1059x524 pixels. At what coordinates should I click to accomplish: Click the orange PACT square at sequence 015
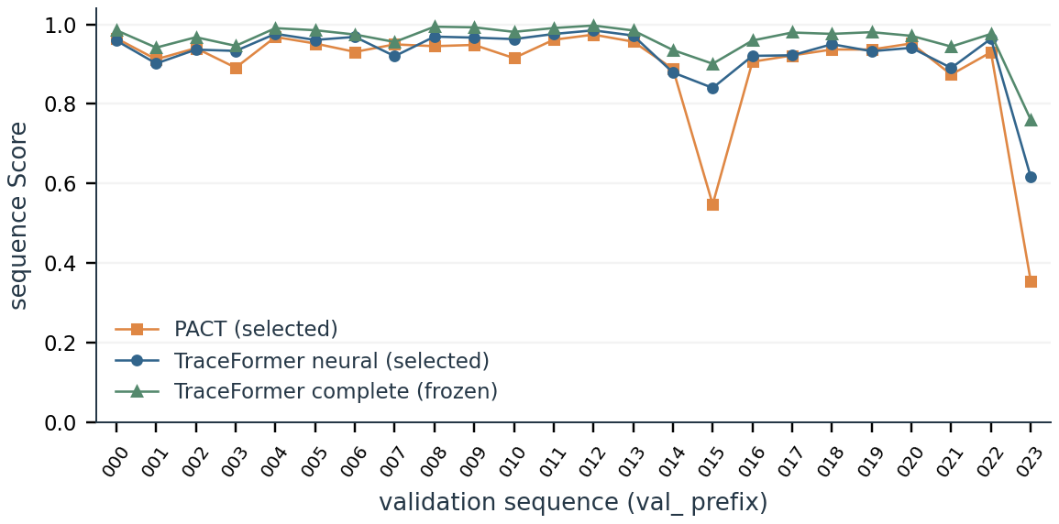(712, 204)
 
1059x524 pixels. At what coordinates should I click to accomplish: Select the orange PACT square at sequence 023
(1031, 281)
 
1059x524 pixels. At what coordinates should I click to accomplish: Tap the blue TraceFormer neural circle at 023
(1031, 178)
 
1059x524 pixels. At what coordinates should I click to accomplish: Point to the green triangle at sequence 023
(1031, 120)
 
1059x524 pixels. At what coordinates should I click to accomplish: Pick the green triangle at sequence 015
(712, 64)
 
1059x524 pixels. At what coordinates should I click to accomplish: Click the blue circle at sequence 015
(712, 88)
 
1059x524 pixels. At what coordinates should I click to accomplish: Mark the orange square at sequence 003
(236, 68)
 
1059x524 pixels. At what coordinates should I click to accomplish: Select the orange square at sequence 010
(514, 58)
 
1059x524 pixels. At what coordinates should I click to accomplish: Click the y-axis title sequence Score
(20, 215)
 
